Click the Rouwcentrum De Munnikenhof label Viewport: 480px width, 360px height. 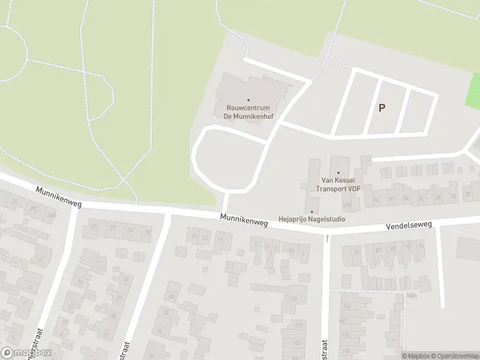[248, 112]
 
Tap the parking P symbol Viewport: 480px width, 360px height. [382, 108]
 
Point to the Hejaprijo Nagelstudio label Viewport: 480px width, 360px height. [311, 219]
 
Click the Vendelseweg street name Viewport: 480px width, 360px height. [410, 225]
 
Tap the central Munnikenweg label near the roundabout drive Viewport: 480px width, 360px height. [243, 221]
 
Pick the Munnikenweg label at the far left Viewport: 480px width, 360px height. [58, 196]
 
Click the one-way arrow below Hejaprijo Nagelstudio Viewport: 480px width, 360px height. [327, 238]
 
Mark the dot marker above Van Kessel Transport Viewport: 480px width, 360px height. [338, 173]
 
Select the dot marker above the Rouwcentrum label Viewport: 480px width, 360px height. [248, 100]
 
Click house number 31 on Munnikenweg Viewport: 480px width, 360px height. [94, 227]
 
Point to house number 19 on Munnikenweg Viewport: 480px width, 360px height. [148, 232]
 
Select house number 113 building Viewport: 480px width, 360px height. [293, 299]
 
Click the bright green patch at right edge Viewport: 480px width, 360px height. [473, 93]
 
